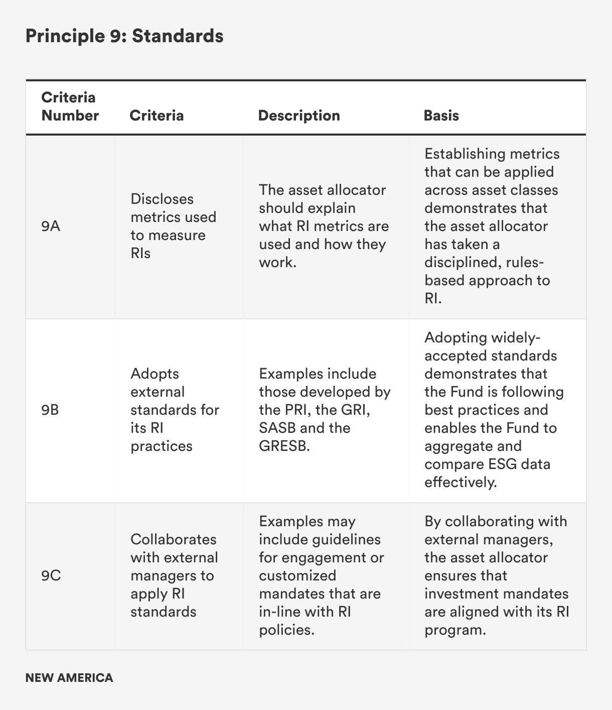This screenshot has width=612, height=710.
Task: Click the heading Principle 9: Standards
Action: click(124, 36)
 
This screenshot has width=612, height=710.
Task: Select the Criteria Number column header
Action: click(70, 106)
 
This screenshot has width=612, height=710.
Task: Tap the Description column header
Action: click(299, 115)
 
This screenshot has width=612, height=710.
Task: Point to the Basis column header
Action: click(441, 115)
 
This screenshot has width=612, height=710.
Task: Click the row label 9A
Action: click(51, 226)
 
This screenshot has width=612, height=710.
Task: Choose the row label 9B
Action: click(50, 410)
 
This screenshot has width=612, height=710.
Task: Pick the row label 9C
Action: click(51, 576)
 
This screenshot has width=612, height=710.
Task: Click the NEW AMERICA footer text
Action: click(69, 678)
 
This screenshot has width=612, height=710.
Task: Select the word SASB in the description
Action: click(276, 428)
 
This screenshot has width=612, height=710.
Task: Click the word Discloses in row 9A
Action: click(162, 199)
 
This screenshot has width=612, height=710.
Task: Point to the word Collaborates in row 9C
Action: click(173, 539)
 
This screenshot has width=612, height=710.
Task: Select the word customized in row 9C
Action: click(297, 575)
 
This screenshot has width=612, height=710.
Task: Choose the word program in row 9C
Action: click(454, 630)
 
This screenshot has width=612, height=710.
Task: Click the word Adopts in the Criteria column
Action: click(155, 374)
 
